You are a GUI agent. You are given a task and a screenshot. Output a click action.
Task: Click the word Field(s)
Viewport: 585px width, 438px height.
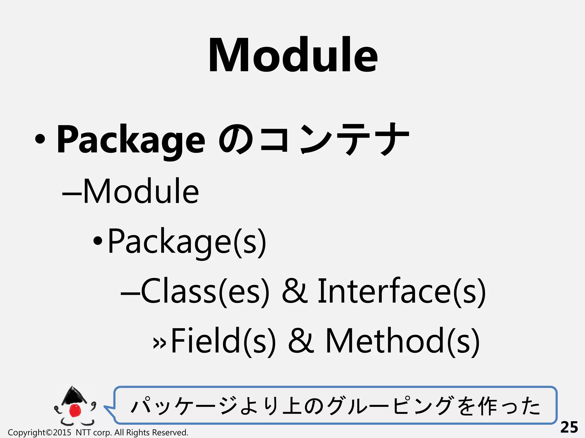point(223,341)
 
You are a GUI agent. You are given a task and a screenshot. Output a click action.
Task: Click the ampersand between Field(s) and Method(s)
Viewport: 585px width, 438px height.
point(301,341)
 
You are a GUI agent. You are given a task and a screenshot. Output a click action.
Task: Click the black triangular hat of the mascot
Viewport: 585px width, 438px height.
point(73,395)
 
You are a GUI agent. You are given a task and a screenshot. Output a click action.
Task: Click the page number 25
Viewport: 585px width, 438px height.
point(569,427)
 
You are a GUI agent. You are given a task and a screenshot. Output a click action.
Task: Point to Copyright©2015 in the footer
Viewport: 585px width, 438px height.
point(39,433)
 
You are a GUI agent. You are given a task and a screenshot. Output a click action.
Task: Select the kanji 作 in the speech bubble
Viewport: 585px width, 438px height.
point(488,406)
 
